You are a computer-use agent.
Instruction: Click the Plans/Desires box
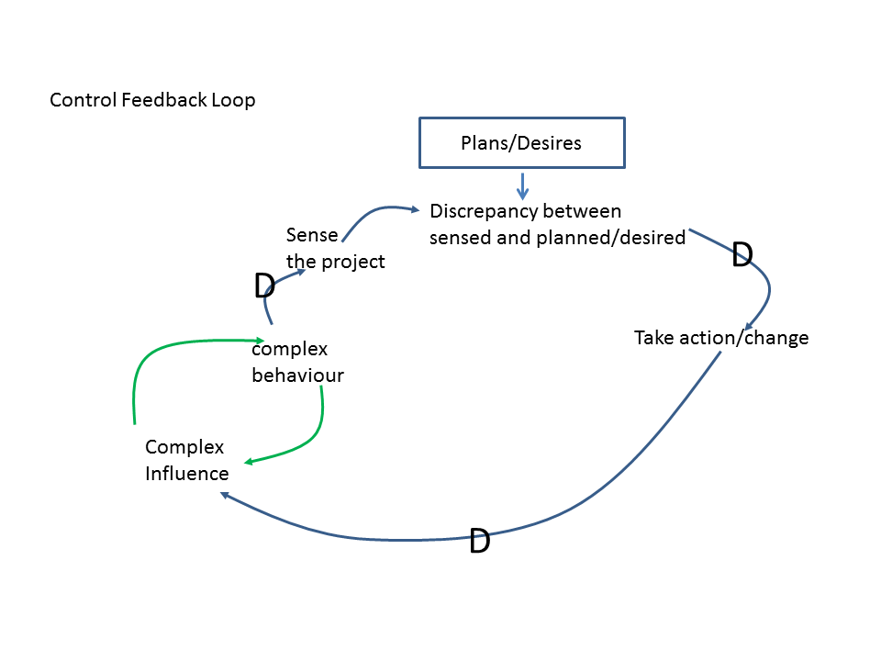click(x=521, y=142)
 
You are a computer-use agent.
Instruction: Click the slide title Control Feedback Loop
click(x=152, y=100)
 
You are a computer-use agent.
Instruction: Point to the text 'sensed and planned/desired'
click(x=557, y=238)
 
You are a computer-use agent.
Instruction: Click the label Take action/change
click(x=721, y=338)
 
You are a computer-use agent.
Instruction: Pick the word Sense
click(x=312, y=235)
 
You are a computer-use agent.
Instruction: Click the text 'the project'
click(x=335, y=262)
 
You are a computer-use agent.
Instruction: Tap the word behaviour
click(x=297, y=375)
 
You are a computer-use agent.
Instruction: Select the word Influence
click(x=187, y=474)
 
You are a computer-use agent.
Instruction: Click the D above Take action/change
click(x=742, y=256)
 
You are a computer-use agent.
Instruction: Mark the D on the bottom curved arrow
click(x=479, y=542)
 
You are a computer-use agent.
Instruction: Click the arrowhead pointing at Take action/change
click(x=750, y=325)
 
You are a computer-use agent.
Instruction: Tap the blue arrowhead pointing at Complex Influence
click(x=225, y=496)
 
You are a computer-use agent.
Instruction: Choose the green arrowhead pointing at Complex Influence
click(x=249, y=461)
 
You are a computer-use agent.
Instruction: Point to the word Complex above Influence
click(x=184, y=447)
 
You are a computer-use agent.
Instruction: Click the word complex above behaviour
click(x=289, y=349)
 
